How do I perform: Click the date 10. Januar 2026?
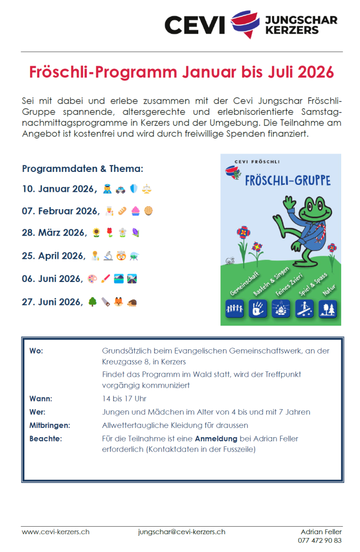58,189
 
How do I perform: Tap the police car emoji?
119,190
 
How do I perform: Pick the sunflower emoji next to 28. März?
96,233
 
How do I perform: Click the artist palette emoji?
92,279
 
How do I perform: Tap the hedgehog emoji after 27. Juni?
132,302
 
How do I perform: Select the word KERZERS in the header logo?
293,31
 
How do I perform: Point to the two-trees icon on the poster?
328,308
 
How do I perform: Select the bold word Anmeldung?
217,438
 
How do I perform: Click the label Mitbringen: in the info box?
50,425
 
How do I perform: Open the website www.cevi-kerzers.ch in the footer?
56,531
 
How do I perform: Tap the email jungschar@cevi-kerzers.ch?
182,531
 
